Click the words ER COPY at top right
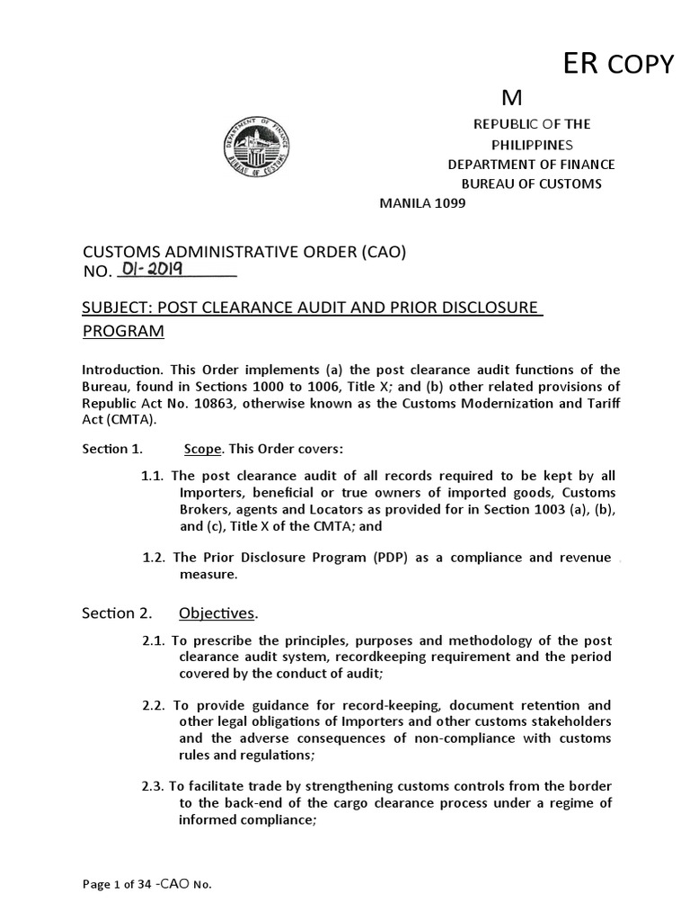pyautogui.click(x=617, y=64)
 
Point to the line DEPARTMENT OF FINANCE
pyautogui.click(x=531, y=164)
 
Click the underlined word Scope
pyautogui.click(x=201, y=449)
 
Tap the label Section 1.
pyautogui.click(x=111, y=449)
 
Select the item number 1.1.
pyautogui.click(x=154, y=476)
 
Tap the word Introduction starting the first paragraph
pyautogui.click(x=119, y=371)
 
